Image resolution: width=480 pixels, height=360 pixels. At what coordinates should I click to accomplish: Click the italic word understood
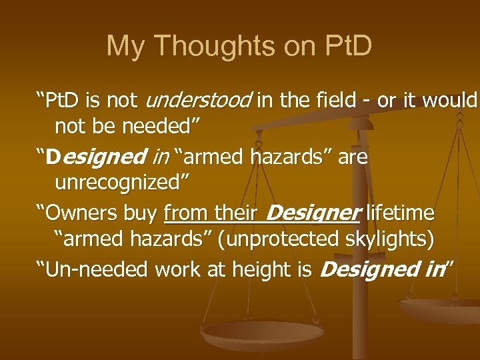(198, 101)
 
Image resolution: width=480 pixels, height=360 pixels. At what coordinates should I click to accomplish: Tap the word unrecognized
(122, 182)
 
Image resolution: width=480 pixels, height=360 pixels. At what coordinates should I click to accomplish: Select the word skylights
(393, 239)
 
